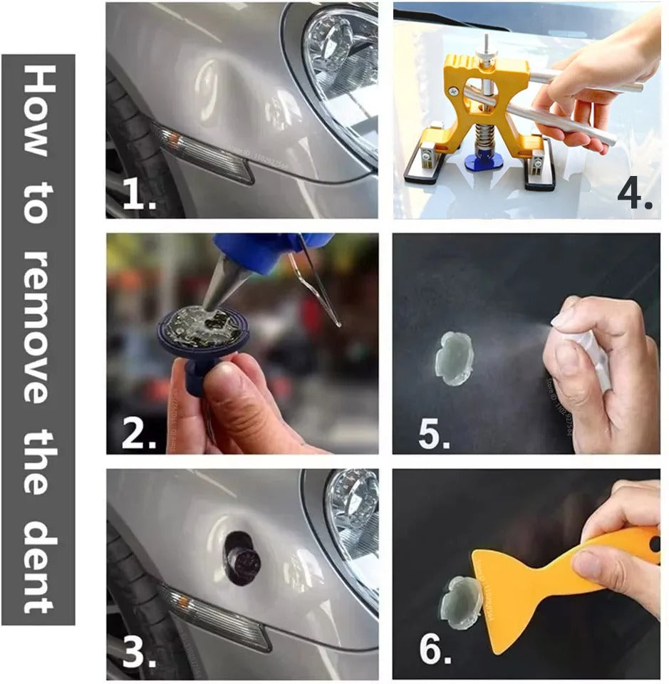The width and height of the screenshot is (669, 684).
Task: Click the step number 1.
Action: click(138, 196)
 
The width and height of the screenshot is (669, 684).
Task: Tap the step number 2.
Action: click(138, 433)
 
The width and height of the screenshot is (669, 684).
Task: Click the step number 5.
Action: click(433, 433)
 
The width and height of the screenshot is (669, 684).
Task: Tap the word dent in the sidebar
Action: click(38, 566)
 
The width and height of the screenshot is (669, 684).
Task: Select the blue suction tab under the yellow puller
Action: click(484, 160)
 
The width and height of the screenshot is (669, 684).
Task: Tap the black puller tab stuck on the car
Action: click(242, 557)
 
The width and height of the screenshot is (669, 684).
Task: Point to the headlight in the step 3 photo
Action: click(353, 527)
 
